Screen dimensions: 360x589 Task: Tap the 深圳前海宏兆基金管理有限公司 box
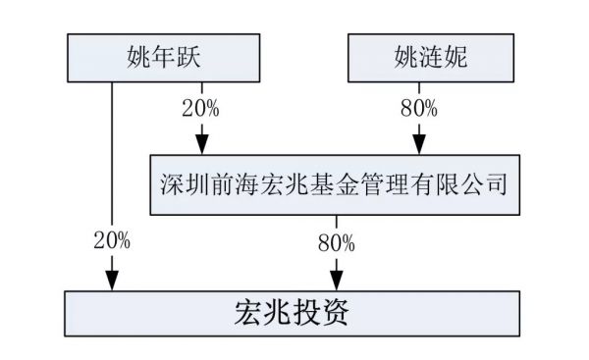[x=333, y=183]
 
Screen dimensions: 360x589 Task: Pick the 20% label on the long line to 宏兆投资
[x=112, y=238]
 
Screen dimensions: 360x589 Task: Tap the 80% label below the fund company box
[x=337, y=238]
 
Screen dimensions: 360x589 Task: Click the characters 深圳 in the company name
[x=183, y=183]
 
